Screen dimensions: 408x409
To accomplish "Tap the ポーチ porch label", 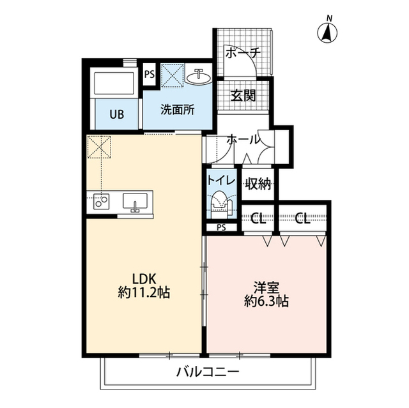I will click(x=241, y=54).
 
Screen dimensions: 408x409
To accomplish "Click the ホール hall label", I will click(x=243, y=139).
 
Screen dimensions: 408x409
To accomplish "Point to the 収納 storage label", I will click(x=258, y=185).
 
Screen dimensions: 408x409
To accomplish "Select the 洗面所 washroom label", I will click(x=176, y=109).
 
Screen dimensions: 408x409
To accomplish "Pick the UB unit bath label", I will click(x=116, y=115).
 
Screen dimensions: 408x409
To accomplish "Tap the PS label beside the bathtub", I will click(x=150, y=74).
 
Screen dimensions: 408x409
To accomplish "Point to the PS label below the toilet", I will click(x=221, y=227).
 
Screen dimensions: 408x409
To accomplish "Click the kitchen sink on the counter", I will click(x=135, y=202).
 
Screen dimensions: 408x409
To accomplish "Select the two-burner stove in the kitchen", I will click(x=102, y=202).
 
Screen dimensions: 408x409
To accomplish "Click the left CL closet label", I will click(x=258, y=219).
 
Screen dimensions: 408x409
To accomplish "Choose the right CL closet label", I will click(x=303, y=219).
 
